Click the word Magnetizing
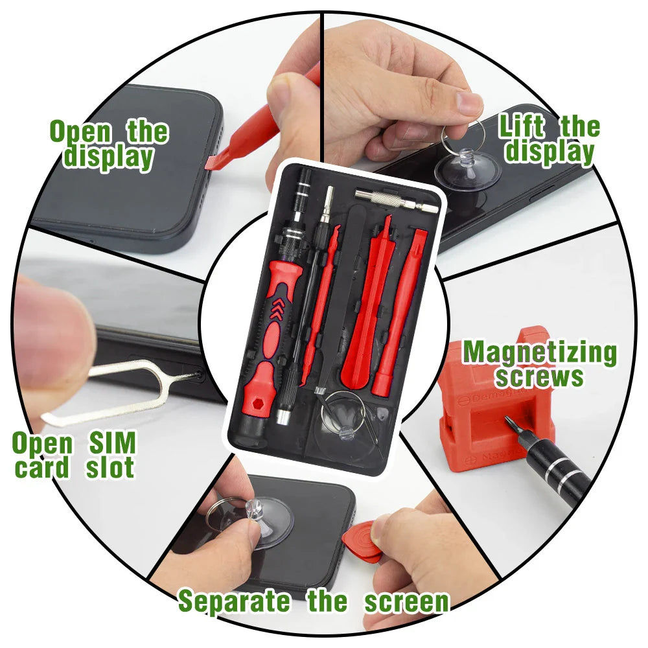pos(539,353)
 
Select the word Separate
pos(234,601)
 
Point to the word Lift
pos(523,127)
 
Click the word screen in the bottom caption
pos(406,601)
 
